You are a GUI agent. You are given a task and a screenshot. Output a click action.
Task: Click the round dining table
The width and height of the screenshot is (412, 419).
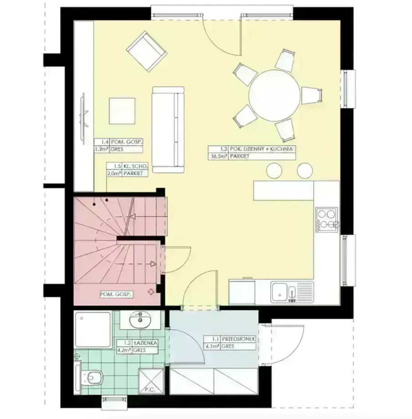click(274, 95)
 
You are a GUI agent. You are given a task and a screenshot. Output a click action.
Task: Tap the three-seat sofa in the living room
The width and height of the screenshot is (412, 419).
click(168, 129)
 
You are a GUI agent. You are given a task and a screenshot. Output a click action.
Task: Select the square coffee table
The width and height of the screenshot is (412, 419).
click(122, 111)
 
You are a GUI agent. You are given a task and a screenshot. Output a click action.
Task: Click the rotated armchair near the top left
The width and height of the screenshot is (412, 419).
click(147, 52)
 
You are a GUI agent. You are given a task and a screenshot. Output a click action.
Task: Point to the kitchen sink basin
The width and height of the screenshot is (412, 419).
click(279, 292)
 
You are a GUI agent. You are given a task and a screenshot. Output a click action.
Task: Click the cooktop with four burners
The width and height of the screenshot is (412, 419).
click(326, 219)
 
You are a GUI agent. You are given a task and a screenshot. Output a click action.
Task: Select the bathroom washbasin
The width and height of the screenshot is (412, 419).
click(140, 320)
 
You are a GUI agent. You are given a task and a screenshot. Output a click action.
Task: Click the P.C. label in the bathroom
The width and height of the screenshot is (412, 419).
click(150, 390)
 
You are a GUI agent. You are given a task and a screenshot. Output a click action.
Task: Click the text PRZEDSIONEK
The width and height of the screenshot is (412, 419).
click(239, 339)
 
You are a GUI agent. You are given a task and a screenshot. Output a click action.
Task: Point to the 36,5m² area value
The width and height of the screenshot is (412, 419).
click(218, 156)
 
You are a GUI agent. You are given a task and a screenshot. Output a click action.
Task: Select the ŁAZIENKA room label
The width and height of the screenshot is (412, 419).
click(145, 343)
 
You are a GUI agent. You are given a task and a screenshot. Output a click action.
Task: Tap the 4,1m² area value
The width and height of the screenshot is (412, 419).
click(212, 347)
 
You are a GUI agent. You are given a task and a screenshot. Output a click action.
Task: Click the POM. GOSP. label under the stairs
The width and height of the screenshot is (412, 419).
click(116, 295)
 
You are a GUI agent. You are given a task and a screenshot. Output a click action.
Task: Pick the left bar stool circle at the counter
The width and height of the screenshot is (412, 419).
click(274, 171)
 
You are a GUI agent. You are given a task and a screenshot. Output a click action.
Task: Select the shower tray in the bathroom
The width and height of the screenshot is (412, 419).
click(93, 330)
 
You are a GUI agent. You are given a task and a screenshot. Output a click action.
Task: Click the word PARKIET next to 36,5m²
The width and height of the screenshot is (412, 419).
click(239, 156)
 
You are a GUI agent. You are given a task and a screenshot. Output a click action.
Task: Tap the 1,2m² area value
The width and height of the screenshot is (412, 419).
click(102, 150)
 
